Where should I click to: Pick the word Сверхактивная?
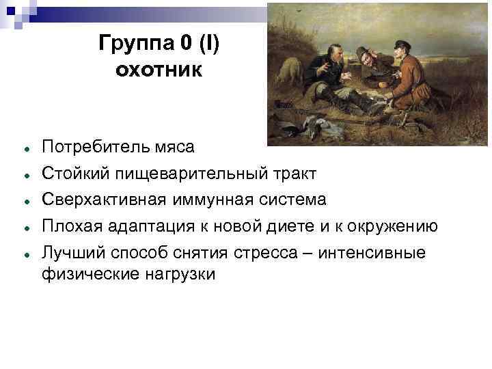tap(97, 200)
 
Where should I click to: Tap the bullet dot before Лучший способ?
tap(25, 255)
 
